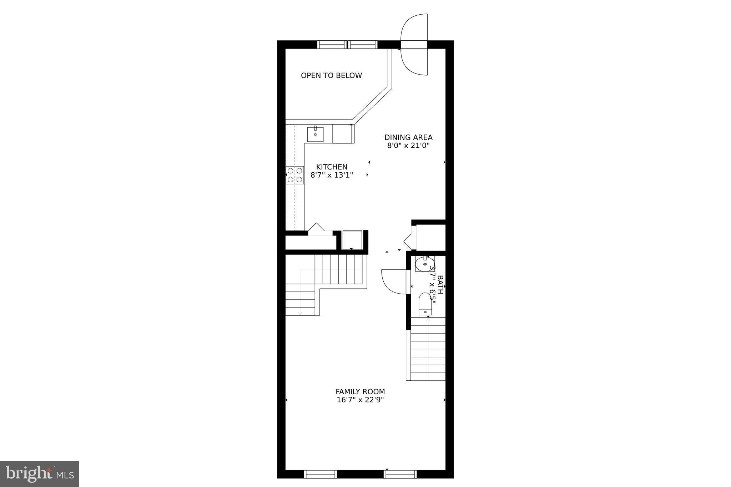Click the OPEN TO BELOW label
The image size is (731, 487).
331,75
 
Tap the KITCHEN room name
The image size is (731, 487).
332,167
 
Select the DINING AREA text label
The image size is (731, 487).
408,137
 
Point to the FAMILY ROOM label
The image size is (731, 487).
360,392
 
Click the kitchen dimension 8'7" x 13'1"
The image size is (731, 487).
332,175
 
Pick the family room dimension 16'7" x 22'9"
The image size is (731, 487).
360,400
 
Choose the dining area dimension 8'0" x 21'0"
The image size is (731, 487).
408,146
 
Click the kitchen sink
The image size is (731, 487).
316,134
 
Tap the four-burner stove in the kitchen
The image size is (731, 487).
295,175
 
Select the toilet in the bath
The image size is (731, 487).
425,304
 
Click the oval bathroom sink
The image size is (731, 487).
425,264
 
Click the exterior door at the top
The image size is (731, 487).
414,45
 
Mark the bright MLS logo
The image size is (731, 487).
40,474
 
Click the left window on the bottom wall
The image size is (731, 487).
320,474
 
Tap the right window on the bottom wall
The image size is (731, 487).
400,474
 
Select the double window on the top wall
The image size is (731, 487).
347,45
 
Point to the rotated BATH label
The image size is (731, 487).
440,284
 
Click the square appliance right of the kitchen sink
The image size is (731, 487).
343,134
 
